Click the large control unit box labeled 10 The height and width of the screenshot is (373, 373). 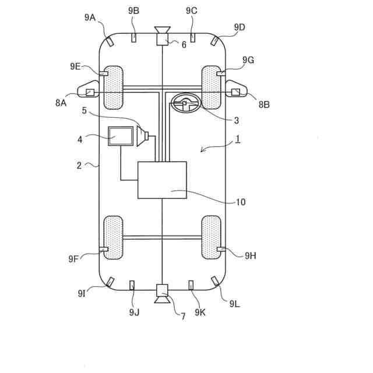pos(162,180)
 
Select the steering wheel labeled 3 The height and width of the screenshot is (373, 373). pos(185,104)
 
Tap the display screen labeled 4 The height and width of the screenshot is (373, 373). pos(121,136)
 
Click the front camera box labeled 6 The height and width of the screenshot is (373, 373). pos(162,40)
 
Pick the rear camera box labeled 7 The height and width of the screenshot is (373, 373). pos(162,289)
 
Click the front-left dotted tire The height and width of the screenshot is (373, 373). pos(114,87)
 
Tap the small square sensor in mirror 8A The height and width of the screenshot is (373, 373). pos(90,92)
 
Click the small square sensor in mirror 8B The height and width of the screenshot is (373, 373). pos(235,92)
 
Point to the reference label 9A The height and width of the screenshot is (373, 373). pos(90,17)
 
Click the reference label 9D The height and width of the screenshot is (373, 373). pos(240,27)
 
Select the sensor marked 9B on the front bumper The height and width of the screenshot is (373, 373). pos(133,38)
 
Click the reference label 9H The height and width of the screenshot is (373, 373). pos(251,255)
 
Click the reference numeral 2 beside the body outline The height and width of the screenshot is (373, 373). pos(79,165)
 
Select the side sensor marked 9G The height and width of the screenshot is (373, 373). pos(221,74)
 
